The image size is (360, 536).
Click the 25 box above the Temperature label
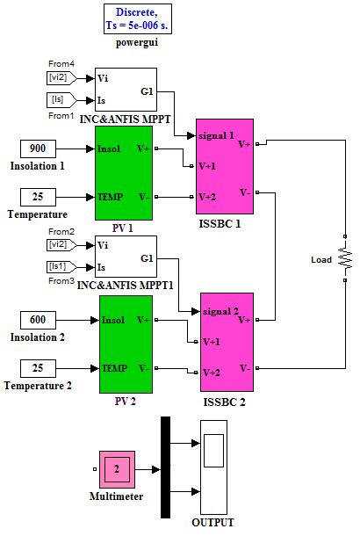click(x=38, y=196)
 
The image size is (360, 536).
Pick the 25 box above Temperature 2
click(x=38, y=367)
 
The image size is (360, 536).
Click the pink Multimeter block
click(x=116, y=470)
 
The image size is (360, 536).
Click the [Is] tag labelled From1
click(x=64, y=99)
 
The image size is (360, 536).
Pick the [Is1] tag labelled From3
click(x=64, y=266)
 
